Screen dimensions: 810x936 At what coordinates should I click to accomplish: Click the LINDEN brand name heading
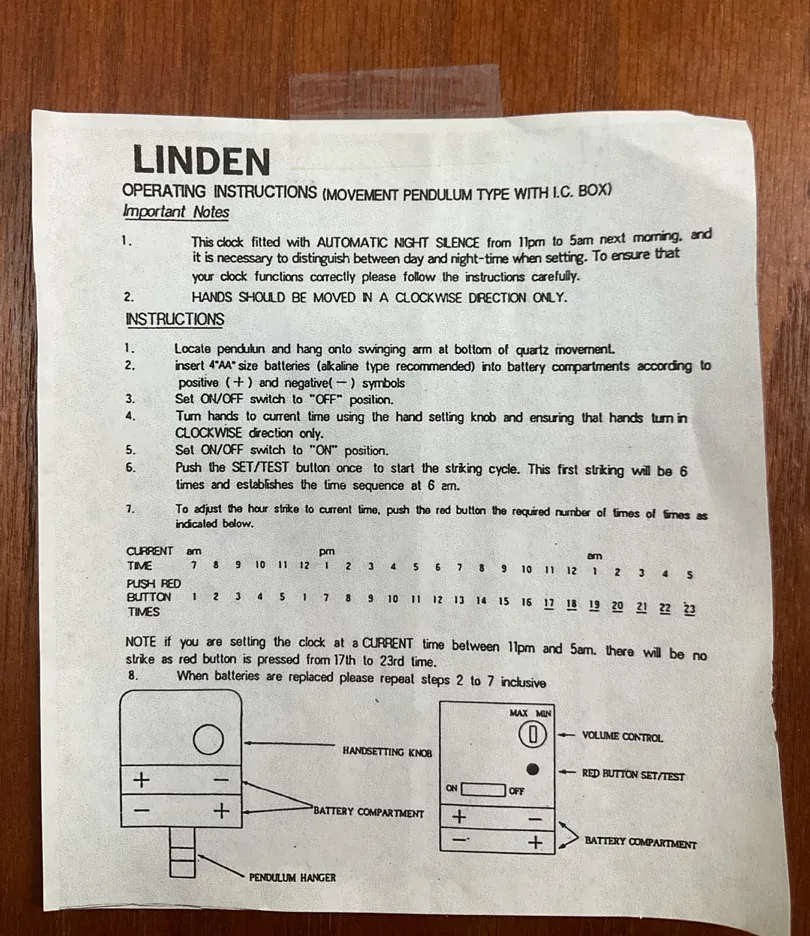pos(201,160)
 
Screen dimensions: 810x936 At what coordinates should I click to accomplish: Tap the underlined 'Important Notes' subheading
pos(176,212)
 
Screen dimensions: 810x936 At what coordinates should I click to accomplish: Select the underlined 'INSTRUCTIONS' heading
pos(175,319)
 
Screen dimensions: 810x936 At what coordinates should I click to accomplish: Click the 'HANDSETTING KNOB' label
pos(387,752)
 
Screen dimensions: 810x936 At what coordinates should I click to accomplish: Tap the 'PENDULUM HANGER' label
pos(292,878)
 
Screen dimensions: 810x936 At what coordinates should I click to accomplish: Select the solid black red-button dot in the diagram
pos(532,769)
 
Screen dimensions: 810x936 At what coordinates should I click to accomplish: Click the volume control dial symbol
pos(532,734)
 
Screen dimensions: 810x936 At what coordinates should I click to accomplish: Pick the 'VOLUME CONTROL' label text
pos(623,737)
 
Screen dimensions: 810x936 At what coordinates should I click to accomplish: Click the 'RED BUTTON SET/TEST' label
pos(633,775)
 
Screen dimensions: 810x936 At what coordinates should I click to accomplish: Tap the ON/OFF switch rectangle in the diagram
pos(483,790)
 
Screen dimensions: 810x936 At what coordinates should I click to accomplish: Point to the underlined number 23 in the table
pos(689,609)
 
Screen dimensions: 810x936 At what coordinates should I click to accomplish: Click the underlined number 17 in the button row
pos(549,604)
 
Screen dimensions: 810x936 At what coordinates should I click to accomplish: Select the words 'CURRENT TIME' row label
pos(149,558)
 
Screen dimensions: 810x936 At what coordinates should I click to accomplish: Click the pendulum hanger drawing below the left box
pos(182,852)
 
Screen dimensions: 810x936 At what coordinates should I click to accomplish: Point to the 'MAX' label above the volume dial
pos(519,713)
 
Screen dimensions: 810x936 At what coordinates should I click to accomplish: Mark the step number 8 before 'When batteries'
pos(133,675)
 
